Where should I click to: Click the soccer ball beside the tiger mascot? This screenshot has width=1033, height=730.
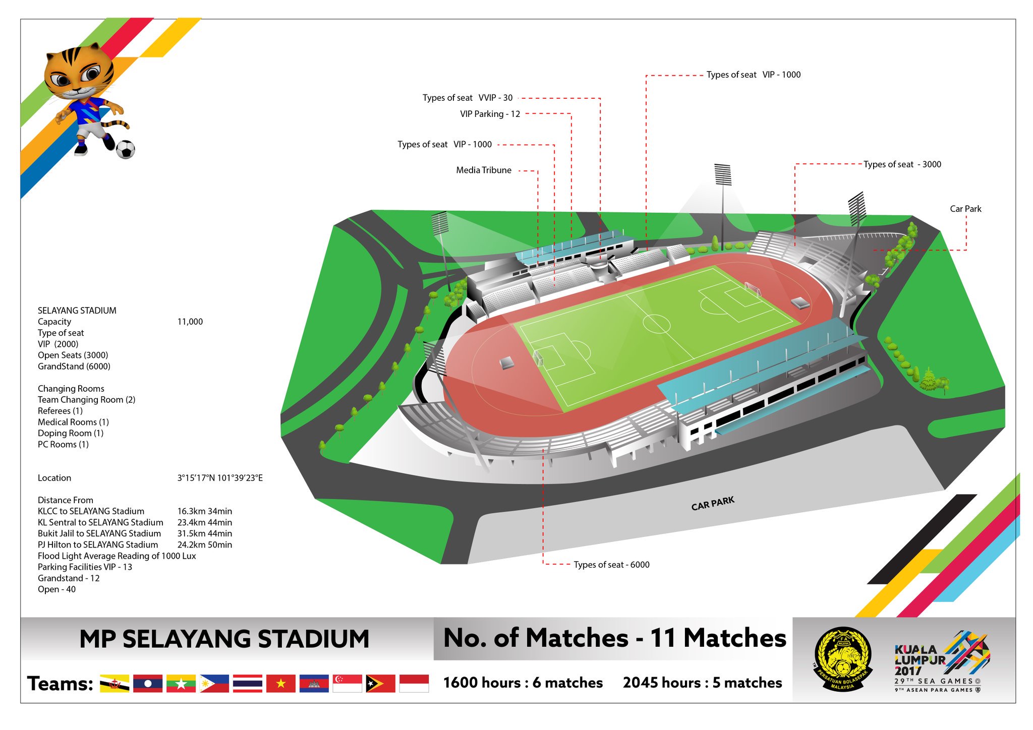[x=126, y=149]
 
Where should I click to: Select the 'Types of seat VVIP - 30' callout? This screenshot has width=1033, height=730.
[x=467, y=98]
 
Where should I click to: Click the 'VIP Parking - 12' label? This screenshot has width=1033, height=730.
[x=490, y=114]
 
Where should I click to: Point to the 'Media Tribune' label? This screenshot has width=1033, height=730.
[x=483, y=170]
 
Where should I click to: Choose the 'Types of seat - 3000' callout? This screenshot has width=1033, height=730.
[x=902, y=164]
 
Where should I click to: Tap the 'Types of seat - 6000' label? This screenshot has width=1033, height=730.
[x=611, y=565]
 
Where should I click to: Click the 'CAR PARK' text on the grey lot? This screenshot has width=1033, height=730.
[x=713, y=503]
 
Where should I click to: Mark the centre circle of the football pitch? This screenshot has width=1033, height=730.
[x=656, y=324]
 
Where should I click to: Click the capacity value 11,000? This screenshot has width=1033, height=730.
[x=190, y=322]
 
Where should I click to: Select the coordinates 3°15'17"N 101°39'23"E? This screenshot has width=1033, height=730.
[x=219, y=478]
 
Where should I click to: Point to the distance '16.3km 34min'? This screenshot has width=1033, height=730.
[x=204, y=511]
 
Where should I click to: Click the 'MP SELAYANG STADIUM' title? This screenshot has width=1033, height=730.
[x=224, y=639]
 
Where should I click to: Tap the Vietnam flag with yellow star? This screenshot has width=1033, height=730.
[x=281, y=683]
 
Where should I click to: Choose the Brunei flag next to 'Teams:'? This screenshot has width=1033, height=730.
[x=114, y=683]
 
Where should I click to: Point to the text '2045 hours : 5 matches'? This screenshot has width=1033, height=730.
[x=702, y=683]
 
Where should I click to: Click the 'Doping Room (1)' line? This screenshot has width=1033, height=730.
[x=71, y=433]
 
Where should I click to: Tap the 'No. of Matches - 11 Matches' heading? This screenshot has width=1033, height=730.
[x=614, y=638]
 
